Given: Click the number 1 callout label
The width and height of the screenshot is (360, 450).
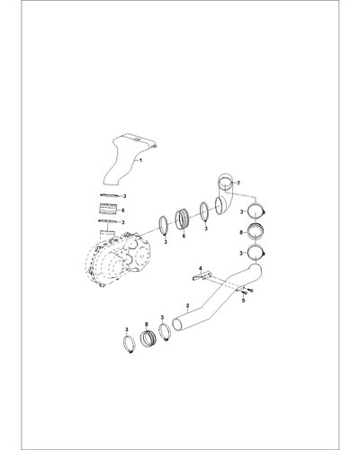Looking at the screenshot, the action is (141, 160).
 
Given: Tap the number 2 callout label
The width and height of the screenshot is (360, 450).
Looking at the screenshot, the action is (187, 306).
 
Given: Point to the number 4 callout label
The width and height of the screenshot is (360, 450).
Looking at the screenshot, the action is (201, 268).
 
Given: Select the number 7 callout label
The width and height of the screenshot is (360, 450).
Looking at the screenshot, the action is (238, 183).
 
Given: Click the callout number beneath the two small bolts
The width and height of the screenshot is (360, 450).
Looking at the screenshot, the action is (243, 300).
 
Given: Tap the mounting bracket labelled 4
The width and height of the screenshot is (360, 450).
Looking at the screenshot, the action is (202, 276).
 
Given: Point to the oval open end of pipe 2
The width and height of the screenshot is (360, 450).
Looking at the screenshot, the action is (177, 326).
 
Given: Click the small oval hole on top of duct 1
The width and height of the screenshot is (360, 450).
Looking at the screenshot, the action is (137, 139).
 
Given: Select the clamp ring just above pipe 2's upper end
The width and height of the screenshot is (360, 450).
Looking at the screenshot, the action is (256, 253).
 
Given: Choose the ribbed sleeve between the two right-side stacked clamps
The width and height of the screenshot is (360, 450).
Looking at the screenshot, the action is (256, 232).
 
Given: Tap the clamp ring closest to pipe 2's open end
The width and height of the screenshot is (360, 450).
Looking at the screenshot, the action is (165, 332).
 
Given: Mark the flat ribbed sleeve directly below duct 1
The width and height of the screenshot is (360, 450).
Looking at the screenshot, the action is (107, 209).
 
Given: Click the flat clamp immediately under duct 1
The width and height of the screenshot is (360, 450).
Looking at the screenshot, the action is (112, 195).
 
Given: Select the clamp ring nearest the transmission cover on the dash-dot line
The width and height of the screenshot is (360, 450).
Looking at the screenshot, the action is (164, 225).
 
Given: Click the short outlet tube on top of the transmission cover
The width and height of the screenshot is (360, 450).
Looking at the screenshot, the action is (107, 234).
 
